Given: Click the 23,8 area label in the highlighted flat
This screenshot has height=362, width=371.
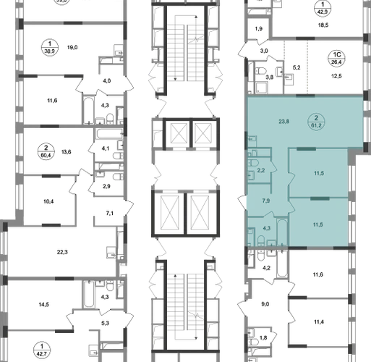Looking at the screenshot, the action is click(x=283, y=122).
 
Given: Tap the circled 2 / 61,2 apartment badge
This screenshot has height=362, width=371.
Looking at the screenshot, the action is click(x=316, y=122).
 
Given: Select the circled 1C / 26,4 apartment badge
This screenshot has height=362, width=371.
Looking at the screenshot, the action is click(x=336, y=59).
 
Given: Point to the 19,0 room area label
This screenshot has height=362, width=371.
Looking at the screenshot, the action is click(x=72, y=47).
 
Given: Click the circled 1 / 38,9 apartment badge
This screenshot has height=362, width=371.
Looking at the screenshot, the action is click(x=50, y=48).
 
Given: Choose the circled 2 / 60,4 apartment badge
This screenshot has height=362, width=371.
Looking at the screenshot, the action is click(x=46, y=151).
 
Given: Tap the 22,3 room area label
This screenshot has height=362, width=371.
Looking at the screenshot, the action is click(x=62, y=252).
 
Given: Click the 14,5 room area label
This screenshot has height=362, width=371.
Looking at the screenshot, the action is click(x=44, y=305).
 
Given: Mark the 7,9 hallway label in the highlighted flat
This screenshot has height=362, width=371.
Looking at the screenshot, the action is click(x=266, y=201).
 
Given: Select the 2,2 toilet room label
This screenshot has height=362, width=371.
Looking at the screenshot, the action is click(x=261, y=170).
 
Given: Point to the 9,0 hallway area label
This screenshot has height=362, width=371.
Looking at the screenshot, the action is click(x=265, y=304).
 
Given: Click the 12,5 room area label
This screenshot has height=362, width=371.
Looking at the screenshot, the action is click(x=336, y=76).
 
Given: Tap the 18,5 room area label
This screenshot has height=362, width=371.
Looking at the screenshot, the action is click(x=323, y=25).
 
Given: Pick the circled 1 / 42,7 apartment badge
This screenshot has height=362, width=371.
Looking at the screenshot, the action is click(x=42, y=350).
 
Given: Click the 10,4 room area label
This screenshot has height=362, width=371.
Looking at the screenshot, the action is click(x=48, y=201).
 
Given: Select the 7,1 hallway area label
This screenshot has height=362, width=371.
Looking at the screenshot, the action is click(x=110, y=214).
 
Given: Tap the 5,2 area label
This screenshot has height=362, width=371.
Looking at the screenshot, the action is click(x=297, y=67).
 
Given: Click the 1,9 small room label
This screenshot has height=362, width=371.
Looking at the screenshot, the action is click(x=259, y=29).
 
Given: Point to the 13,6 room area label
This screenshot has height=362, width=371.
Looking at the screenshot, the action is click(x=67, y=152).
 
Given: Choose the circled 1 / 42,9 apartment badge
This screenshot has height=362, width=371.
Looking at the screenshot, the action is click(x=323, y=8).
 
